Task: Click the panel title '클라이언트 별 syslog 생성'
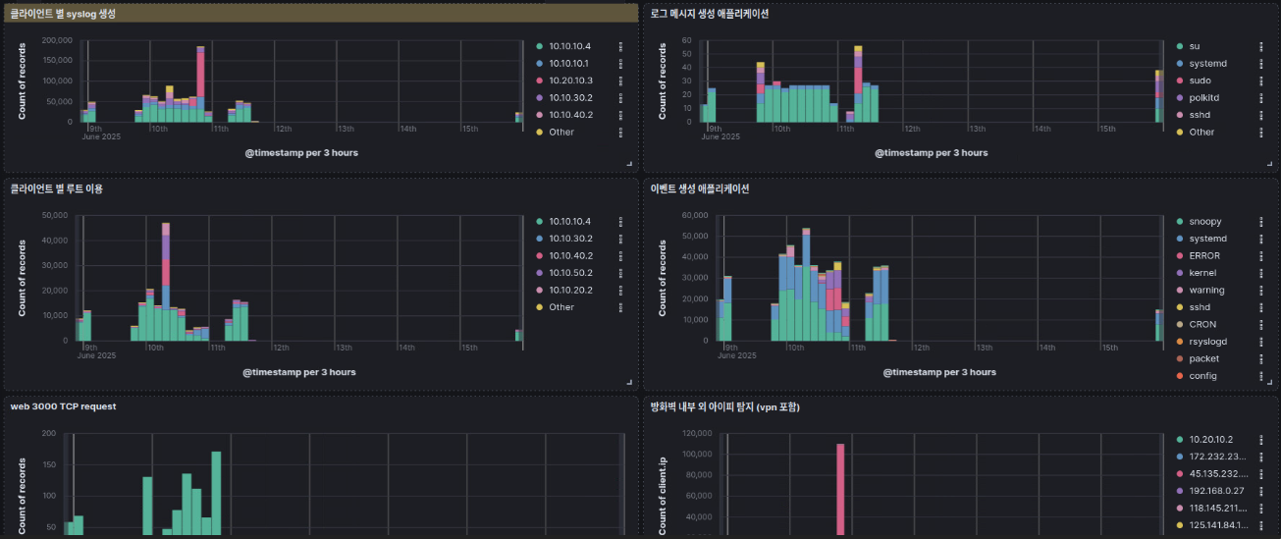click(x=63, y=14)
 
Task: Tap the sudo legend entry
click(x=1200, y=81)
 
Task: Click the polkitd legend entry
click(x=1203, y=97)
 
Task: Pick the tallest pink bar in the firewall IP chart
click(x=840, y=488)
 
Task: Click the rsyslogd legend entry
click(x=1207, y=342)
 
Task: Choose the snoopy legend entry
click(x=1204, y=222)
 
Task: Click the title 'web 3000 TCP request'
click(x=64, y=406)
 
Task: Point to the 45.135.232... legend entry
click(x=1217, y=473)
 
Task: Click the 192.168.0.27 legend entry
click(x=1217, y=491)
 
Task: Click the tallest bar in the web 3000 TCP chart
click(x=216, y=493)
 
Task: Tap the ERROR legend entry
click(x=1204, y=256)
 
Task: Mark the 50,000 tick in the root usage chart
click(x=50, y=215)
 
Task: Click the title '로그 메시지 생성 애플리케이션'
click(x=709, y=14)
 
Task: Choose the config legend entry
click(x=1202, y=376)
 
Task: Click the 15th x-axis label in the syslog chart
click(x=469, y=129)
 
